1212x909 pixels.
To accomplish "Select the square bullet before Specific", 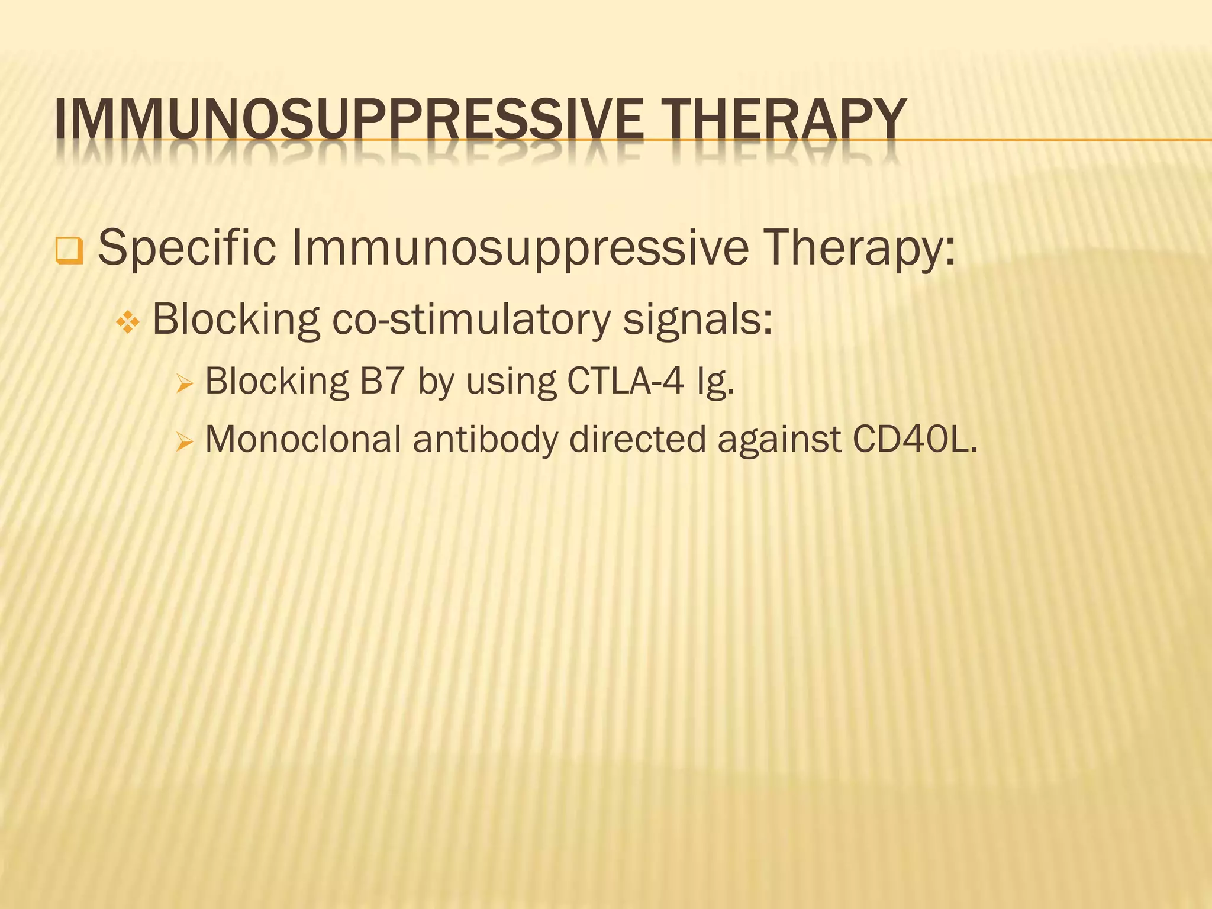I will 69,250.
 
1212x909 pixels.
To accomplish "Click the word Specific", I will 187,247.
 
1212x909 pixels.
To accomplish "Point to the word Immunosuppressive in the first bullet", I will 520,247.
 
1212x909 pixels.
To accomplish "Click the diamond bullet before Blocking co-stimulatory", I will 128,323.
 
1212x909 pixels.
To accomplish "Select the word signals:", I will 698,320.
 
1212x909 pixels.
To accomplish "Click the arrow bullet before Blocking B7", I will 185,385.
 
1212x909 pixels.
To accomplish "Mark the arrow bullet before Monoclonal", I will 185,442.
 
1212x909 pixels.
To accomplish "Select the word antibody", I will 485,440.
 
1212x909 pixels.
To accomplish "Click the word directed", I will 638,440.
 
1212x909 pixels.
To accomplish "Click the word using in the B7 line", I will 511,382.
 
